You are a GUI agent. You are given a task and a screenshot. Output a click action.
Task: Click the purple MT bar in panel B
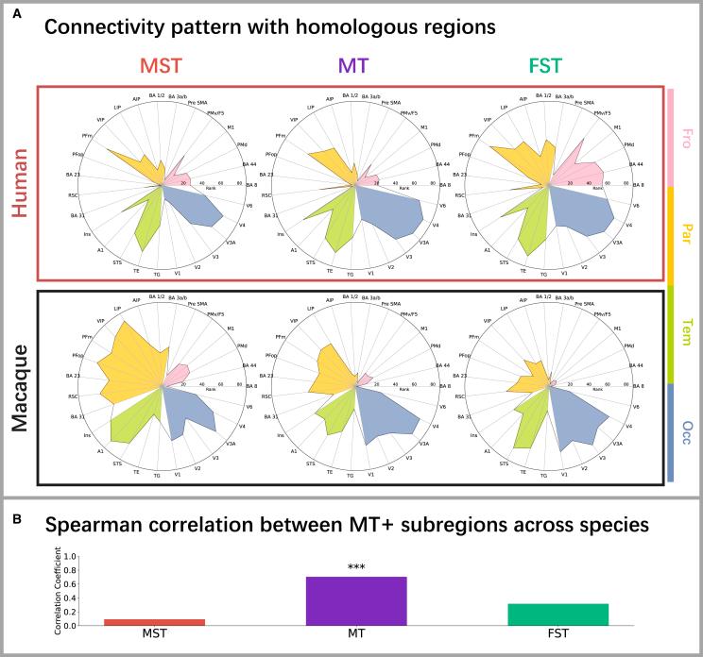356,600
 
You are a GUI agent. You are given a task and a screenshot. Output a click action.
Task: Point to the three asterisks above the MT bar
356,568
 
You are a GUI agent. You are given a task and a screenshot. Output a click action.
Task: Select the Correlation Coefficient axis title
59,590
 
